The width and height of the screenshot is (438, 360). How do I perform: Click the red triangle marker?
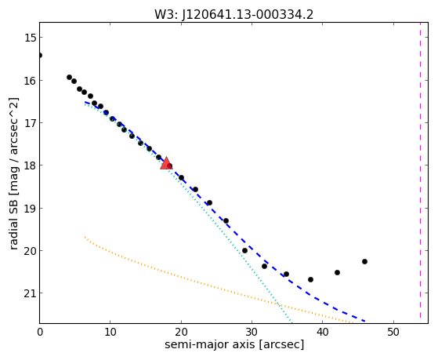coord(166,163)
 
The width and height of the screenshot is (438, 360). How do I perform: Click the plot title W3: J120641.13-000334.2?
coord(233,14)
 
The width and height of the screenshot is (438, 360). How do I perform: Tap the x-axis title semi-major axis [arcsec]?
coord(234,344)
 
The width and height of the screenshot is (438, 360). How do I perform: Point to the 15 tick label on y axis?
coord(30,38)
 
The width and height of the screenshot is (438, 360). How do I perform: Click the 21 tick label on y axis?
coord(30,293)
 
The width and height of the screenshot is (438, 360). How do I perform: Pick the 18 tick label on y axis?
coord(30,165)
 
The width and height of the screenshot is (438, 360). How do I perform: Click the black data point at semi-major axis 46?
coord(364,261)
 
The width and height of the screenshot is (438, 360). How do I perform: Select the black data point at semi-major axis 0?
coord(40,55)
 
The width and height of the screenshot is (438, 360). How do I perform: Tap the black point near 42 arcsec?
coord(337,272)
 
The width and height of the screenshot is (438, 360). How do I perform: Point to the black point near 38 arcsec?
coord(310,279)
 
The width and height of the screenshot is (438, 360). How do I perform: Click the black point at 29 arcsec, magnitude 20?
coord(244,251)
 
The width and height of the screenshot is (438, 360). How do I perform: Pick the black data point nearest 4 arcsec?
coord(69,77)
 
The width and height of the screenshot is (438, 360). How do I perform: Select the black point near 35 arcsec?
coord(286,275)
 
